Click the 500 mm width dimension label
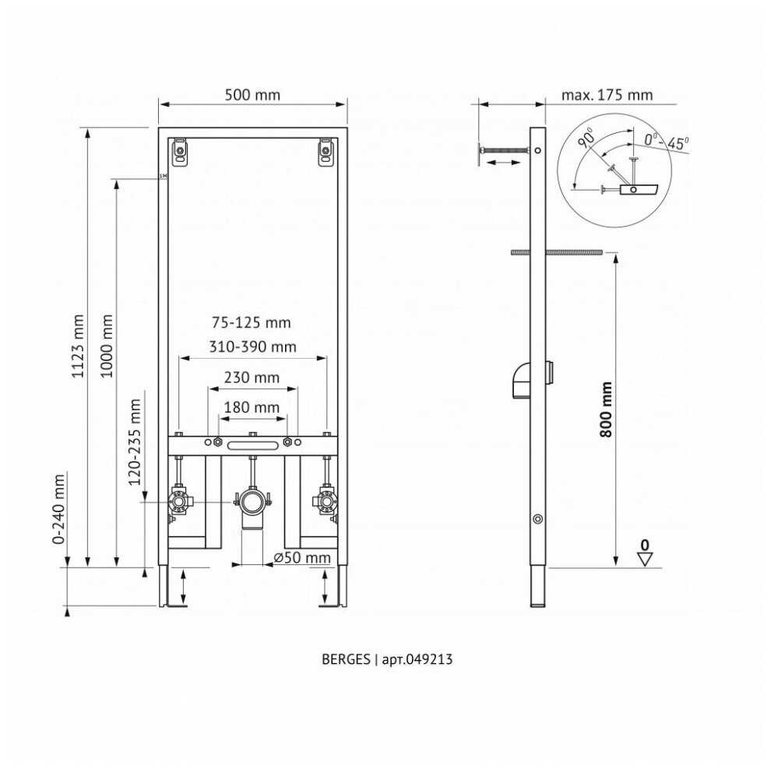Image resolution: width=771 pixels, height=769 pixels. click(252, 94)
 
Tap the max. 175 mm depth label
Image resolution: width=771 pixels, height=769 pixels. click(607, 94)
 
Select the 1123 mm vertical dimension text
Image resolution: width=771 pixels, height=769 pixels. click(78, 346)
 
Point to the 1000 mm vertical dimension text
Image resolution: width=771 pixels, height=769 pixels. click(107, 346)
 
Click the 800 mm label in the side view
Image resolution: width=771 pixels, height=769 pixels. click(606, 409)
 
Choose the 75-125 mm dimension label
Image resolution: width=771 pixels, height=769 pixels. click(252, 322)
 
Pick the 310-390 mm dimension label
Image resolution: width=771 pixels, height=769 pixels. click(253, 347)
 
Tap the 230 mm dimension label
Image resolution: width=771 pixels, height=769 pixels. click(252, 377)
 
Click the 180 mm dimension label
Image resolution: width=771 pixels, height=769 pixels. click(252, 407)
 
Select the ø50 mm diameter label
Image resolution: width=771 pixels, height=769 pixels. click(302, 558)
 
